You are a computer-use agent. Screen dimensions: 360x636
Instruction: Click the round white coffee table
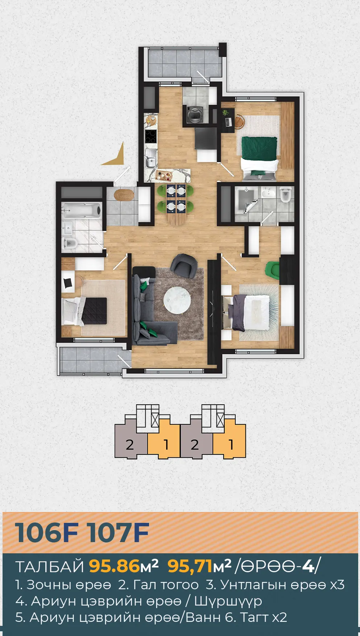tap(177, 300)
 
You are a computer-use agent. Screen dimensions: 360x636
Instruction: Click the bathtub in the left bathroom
tap(82, 210)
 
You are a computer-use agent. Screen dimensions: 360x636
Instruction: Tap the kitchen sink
tap(150, 158)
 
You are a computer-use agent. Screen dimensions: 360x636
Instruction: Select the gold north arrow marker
tap(114, 154)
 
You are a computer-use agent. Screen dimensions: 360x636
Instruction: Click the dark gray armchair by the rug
tap(184, 266)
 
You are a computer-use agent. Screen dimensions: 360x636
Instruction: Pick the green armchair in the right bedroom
tap(273, 270)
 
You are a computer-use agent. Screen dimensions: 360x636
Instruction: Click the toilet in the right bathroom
tap(286, 195)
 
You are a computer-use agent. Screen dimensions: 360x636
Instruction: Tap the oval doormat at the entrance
tap(124, 195)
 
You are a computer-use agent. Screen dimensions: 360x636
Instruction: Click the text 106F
tap(47, 533)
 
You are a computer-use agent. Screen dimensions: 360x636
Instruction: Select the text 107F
tap(118, 533)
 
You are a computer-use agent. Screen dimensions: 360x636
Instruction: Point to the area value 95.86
tap(114, 566)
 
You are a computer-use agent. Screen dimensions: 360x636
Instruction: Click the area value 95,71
tap(190, 566)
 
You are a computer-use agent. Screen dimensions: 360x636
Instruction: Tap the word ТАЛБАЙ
tap(50, 566)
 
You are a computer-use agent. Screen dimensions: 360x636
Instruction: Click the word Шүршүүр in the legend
tap(228, 601)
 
